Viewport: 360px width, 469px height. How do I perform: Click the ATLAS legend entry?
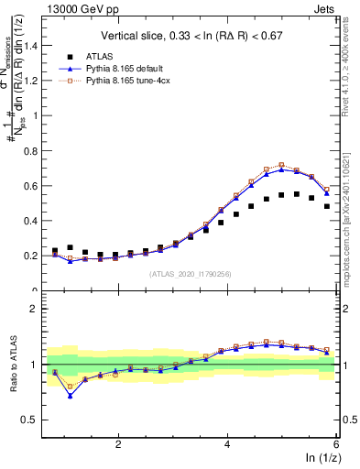[102, 56]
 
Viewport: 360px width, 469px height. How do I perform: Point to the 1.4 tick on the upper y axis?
[35, 45]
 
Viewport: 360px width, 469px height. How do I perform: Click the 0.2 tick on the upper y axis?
[35, 256]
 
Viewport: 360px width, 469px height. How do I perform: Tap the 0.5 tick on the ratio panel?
[35, 420]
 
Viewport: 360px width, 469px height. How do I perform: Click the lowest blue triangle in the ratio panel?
[70, 396]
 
